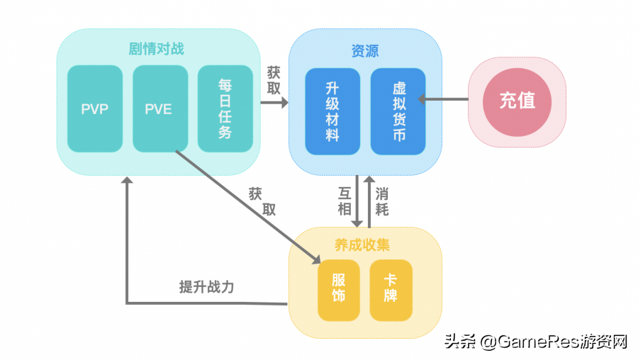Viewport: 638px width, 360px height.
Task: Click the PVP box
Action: pyautogui.click(x=94, y=109)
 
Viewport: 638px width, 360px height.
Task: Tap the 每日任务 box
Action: pyautogui.click(x=225, y=109)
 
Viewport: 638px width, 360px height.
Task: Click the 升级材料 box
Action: pyautogui.click(x=332, y=111)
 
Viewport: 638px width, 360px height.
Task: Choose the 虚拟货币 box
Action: pyautogui.click(x=398, y=111)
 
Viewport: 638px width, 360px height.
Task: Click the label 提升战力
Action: pyautogui.click(x=206, y=287)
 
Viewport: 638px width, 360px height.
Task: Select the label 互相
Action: pyautogui.click(x=345, y=201)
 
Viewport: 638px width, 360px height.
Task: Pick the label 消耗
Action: pyautogui.click(x=382, y=201)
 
